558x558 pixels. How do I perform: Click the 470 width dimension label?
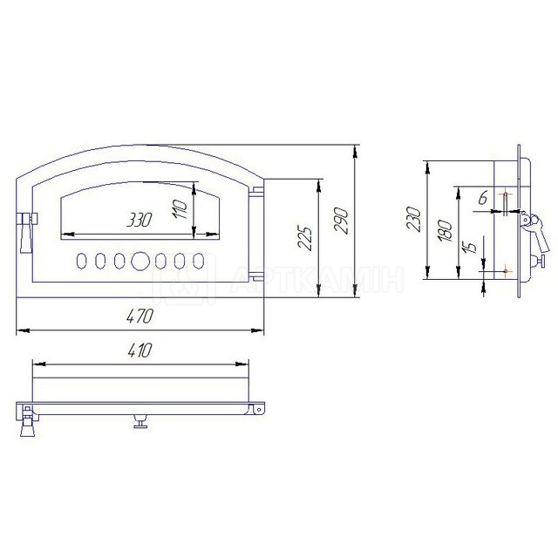pyautogui.click(x=139, y=316)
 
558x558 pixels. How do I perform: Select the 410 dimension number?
pyautogui.click(x=139, y=350)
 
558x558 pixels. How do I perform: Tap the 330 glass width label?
pyautogui.click(x=139, y=220)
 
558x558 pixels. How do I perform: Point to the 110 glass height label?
pyautogui.click(x=179, y=209)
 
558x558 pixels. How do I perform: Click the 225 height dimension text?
pyautogui.click(x=305, y=238)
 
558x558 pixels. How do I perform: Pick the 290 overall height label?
pyautogui.click(x=341, y=221)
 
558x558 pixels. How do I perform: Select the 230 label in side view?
pyautogui.click(x=415, y=219)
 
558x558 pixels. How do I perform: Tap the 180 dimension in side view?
pyautogui.click(x=446, y=231)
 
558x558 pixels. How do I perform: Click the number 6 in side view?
pyautogui.click(x=482, y=198)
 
